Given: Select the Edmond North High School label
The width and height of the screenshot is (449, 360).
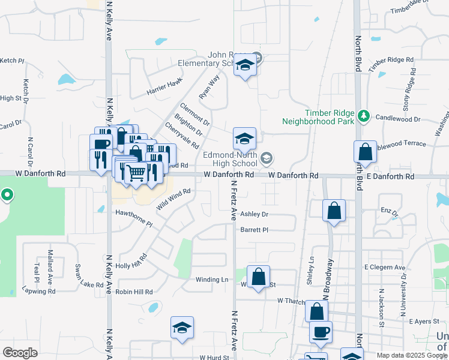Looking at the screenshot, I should pyautogui.click(x=230, y=159).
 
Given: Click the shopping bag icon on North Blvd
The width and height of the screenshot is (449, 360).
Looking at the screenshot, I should pyautogui.click(x=365, y=152).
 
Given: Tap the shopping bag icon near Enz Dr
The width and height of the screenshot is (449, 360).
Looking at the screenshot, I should pyautogui.click(x=334, y=211).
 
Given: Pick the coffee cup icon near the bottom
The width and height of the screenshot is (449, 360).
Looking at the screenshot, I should pyautogui.click(x=321, y=332).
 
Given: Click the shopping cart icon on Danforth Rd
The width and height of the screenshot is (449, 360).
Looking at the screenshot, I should pyautogui.click(x=136, y=173).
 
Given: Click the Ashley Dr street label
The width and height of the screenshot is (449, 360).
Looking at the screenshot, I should pyautogui.click(x=254, y=214).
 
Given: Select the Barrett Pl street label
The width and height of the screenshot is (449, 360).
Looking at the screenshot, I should pyautogui.click(x=254, y=230).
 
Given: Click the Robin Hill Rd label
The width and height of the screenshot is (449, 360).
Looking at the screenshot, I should pyautogui.click(x=134, y=292).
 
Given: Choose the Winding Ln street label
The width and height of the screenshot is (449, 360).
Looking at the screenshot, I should pyautogui.click(x=212, y=280).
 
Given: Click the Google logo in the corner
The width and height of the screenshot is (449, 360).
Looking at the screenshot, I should pyautogui.click(x=20, y=352).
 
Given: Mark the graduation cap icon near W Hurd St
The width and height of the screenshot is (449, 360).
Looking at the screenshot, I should pyautogui.click(x=182, y=328).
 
